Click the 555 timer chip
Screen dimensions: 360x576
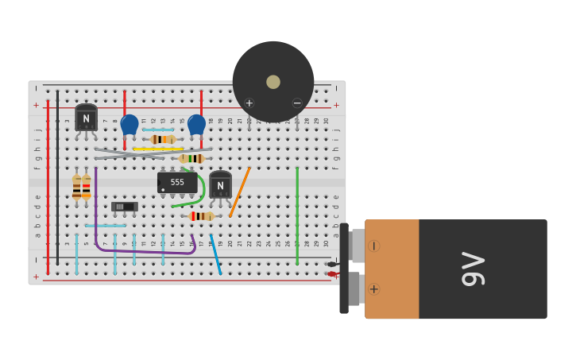(x=177, y=183)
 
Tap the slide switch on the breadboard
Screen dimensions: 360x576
(x=124, y=207)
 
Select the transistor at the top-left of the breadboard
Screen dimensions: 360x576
(x=86, y=118)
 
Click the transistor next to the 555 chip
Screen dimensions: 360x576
(x=220, y=186)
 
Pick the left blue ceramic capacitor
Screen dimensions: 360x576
(x=130, y=124)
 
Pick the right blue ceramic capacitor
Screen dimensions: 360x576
(x=196, y=124)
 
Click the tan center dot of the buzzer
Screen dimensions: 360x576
(x=273, y=82)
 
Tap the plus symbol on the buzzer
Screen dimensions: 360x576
(x=249, y=103)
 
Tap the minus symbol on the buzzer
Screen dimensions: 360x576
(x=297, y=103)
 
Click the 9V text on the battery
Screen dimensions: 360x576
(x=473, y=269)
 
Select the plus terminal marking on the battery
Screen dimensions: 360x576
(x=373, y=288)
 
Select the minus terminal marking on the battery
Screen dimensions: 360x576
(x=373, y=246)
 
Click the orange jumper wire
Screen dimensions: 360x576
(x=240, y=192)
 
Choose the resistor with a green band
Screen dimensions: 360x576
(x=191, y=159)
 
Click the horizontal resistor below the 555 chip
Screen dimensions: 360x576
(x=201, y=216)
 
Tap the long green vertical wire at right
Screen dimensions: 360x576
(x=297, y=215)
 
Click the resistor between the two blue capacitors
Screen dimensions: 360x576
(x=163, y=139)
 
